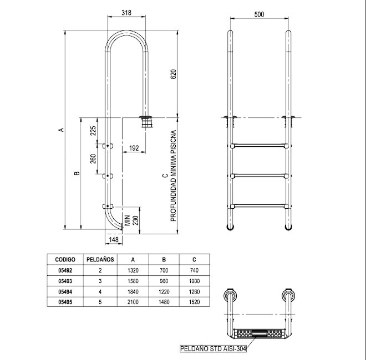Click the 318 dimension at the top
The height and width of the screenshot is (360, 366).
[126, 13]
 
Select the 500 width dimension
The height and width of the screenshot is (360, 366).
[259, 14]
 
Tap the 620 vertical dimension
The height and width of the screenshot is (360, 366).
[174, 74]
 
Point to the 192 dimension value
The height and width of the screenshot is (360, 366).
[134, 148]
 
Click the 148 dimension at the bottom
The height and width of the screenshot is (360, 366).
[114, 239]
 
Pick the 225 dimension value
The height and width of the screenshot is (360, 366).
[93, 131]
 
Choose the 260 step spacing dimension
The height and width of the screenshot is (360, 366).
[93, 159]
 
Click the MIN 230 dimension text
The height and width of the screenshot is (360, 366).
[131, 220]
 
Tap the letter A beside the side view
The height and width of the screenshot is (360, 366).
[61, 130]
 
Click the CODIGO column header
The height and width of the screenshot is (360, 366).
[65, 260]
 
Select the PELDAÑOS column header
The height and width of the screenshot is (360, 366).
[100, 260]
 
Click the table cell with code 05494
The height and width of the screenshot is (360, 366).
[65, 292]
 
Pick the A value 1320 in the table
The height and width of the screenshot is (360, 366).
[133, 270]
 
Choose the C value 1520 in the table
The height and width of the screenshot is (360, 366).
[194, 302]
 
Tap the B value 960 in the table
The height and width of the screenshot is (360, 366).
[164, 281]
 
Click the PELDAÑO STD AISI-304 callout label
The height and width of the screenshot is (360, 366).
[213, 348]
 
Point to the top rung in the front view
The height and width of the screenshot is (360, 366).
[259, 146]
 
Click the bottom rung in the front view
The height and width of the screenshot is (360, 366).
[259, 206]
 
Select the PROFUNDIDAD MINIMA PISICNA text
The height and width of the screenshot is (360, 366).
[173, 176]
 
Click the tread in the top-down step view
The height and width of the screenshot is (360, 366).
[260, 334]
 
